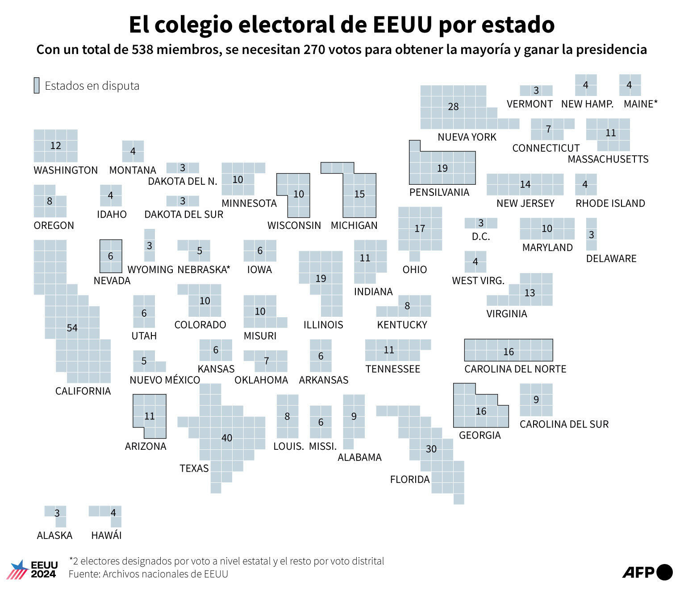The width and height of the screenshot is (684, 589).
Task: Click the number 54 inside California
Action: [x=72, y=328]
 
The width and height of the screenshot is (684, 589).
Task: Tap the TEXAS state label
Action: [x=194, y=468]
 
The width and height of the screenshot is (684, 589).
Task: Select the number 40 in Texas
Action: [x=227, y=438]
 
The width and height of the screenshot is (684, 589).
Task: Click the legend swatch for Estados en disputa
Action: [x=37, y=85]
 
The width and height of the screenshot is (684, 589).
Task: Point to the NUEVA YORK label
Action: [x=467, y=137]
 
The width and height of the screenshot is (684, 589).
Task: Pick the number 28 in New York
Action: [x=453, y=107]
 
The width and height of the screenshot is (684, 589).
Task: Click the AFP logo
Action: [x=647, y=572]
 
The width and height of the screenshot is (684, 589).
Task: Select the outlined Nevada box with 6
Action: [x=111, y=256]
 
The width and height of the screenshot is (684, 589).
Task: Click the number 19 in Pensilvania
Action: [x=442, y=168]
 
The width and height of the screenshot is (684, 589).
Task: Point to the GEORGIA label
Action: [x=480, y=435]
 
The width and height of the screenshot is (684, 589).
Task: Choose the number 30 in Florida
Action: [x=431, y=449]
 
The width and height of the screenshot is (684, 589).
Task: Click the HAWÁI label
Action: [x=106, y=535]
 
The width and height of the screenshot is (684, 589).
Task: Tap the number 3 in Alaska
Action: [x=57, y=513]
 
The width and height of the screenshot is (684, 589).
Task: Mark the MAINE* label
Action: [x=640, y=104]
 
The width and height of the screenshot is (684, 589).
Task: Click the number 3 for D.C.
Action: [x=481, y=223]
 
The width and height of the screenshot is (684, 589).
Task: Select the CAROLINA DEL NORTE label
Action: [x=515, y=369]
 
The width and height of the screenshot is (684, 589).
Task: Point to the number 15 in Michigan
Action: [x=359, y=194]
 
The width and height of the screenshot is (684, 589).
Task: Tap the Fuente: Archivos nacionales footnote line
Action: [x=148, y=574]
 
